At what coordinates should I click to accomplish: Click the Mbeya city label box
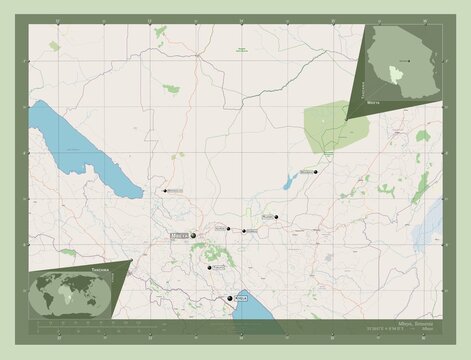(180, 236)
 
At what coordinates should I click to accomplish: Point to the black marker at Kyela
(231, 299)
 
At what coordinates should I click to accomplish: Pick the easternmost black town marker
(315, 172)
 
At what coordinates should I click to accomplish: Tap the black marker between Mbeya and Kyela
(210, 268)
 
